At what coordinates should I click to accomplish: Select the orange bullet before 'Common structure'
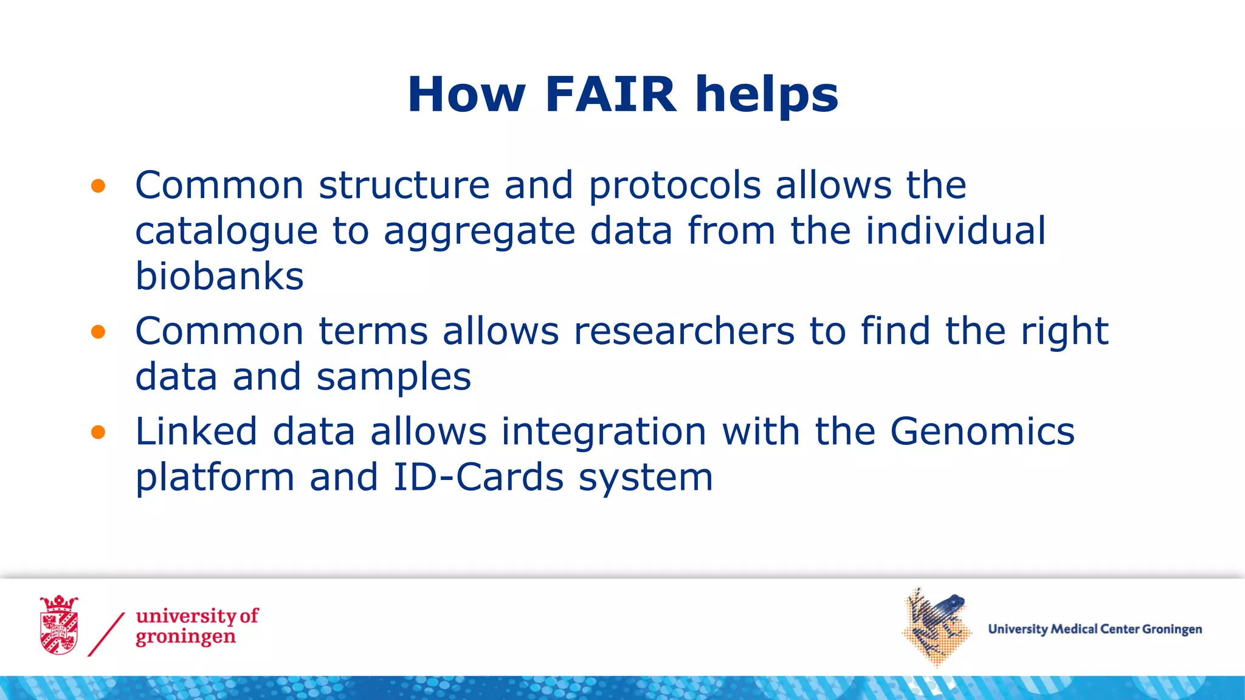click(x=98, y=186)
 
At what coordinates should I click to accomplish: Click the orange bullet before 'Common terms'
click(x=98, y=332)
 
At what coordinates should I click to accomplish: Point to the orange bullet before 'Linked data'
click(x=98, y=432)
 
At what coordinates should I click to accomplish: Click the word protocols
click(x=675, y=186)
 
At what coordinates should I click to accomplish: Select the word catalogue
click(x=226, y=232)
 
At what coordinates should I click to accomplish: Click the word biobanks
click(x=219, y=276)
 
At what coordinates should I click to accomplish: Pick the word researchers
click(x=684, y=332)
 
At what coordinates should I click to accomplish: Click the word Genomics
click(x=982, y=432)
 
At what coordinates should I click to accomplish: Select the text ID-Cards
click(x=478, y=478)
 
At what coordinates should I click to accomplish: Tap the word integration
click(x=604, y=433)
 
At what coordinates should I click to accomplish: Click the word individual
click(x=955, y=232)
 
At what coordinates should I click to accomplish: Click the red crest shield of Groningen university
click(x=59, y=626)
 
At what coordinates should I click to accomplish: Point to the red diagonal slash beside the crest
click(x=106, y=634)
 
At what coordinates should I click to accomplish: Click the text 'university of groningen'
click(x=196, y=626)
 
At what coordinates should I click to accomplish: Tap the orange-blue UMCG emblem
click(x=936, y=627)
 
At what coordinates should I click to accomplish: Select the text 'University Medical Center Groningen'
click(x=1094, y=630)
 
